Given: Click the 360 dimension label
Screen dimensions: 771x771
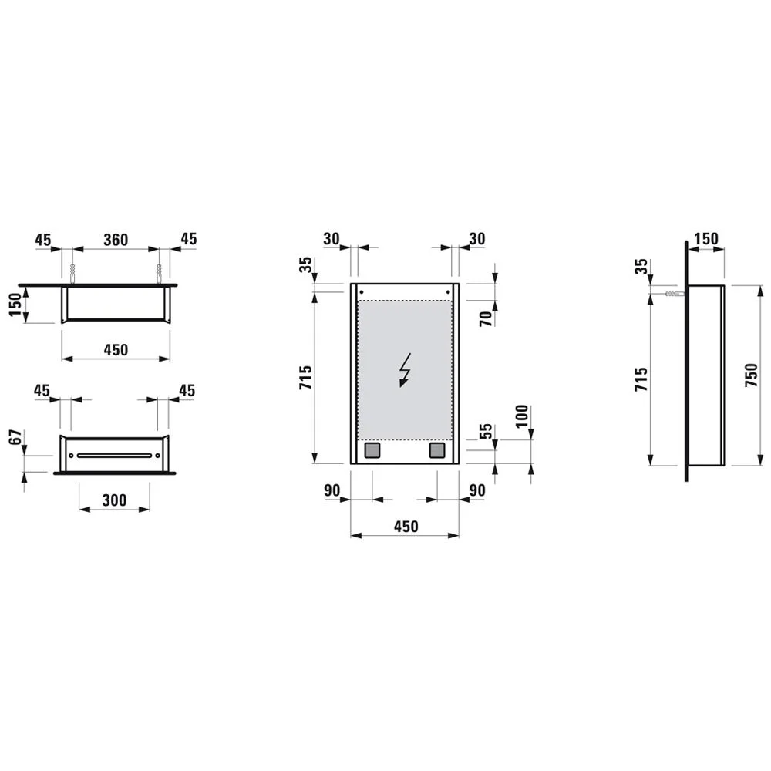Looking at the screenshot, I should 115,240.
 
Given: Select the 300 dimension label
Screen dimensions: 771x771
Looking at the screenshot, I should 114,500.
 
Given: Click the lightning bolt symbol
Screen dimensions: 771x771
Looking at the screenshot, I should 404,370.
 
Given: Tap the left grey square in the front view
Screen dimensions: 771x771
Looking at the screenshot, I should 372,449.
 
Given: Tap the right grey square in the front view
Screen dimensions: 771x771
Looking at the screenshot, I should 437,449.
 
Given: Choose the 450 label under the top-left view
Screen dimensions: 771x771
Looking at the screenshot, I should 115,350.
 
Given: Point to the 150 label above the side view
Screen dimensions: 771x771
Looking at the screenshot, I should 705,240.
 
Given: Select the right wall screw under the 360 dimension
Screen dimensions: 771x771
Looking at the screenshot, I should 158,273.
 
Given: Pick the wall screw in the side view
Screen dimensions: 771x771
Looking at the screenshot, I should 672,295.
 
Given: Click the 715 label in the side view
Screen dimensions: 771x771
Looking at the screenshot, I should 641,379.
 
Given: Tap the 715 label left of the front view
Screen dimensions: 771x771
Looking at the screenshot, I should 305,378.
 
